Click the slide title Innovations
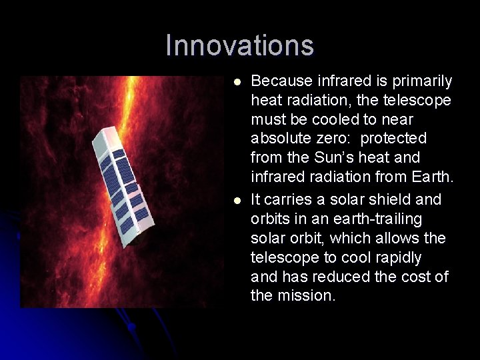(x=239, y=46)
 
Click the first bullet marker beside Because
(x=237, y=81)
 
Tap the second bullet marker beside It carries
(x=237, y=200)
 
